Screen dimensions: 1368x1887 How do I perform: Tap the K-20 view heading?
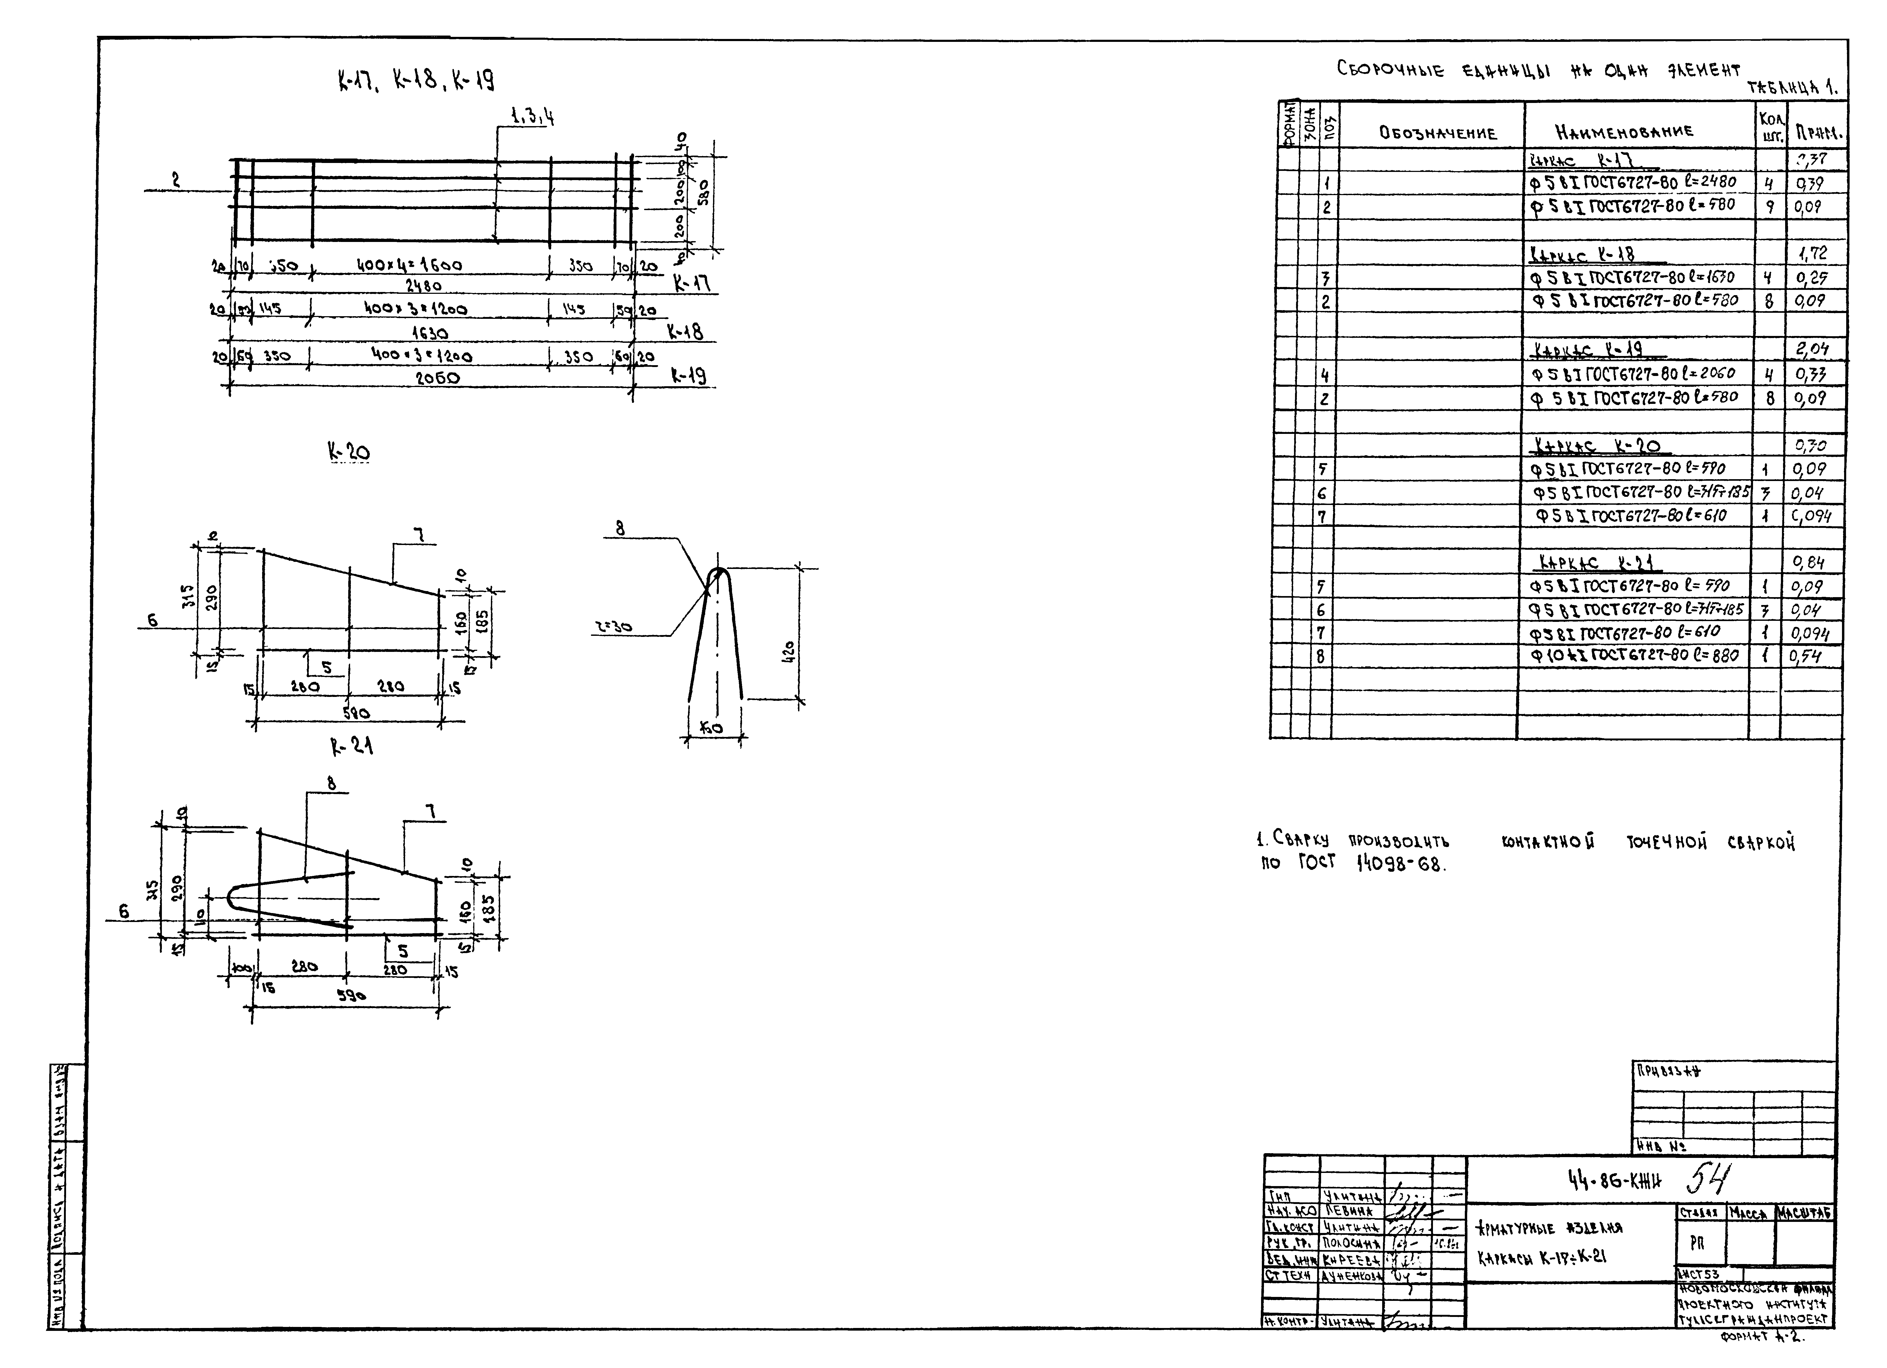click(x=348, y=452)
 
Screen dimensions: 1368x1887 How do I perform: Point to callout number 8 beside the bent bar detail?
click(x=620, y=528)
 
